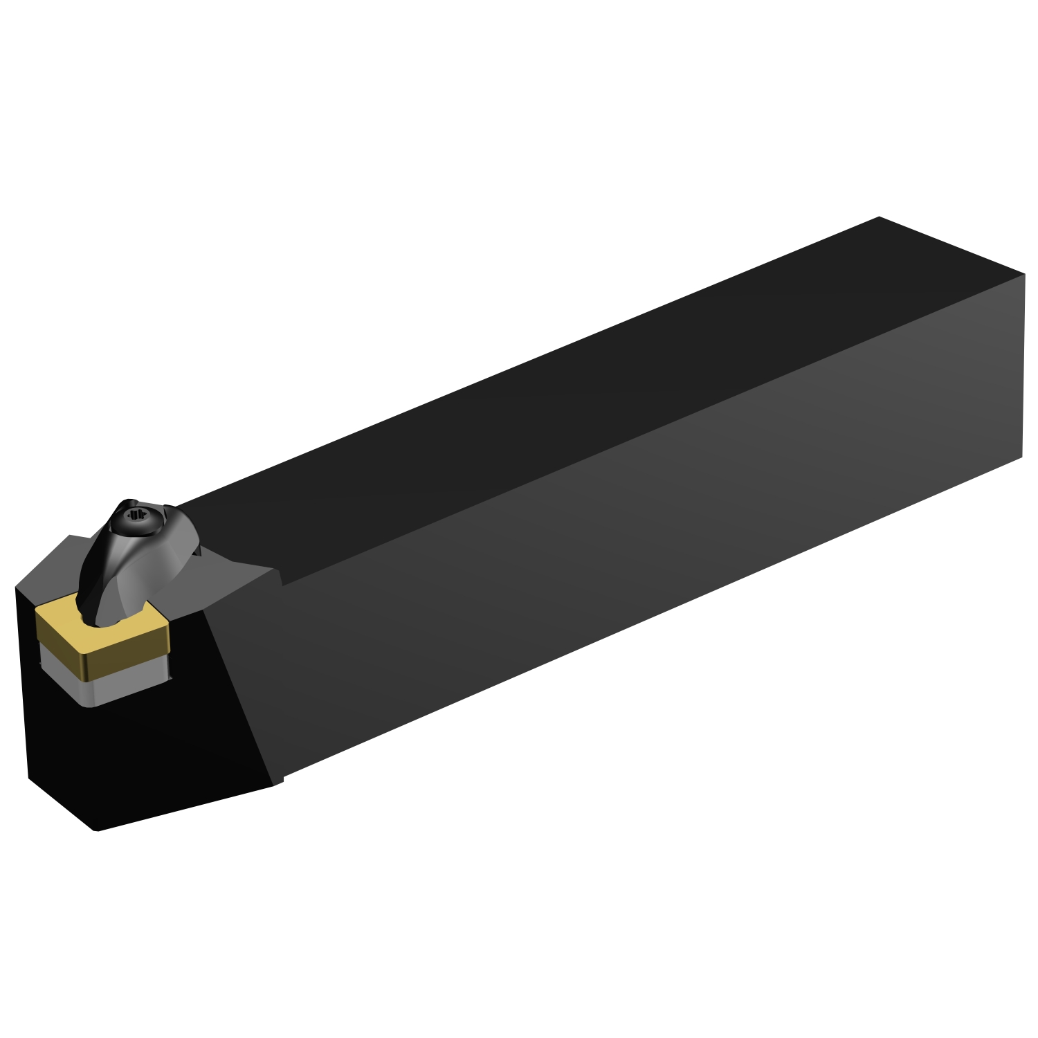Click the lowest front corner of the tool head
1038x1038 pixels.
(x=97, y=829)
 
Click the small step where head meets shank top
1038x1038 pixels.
(x=280, y=578)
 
